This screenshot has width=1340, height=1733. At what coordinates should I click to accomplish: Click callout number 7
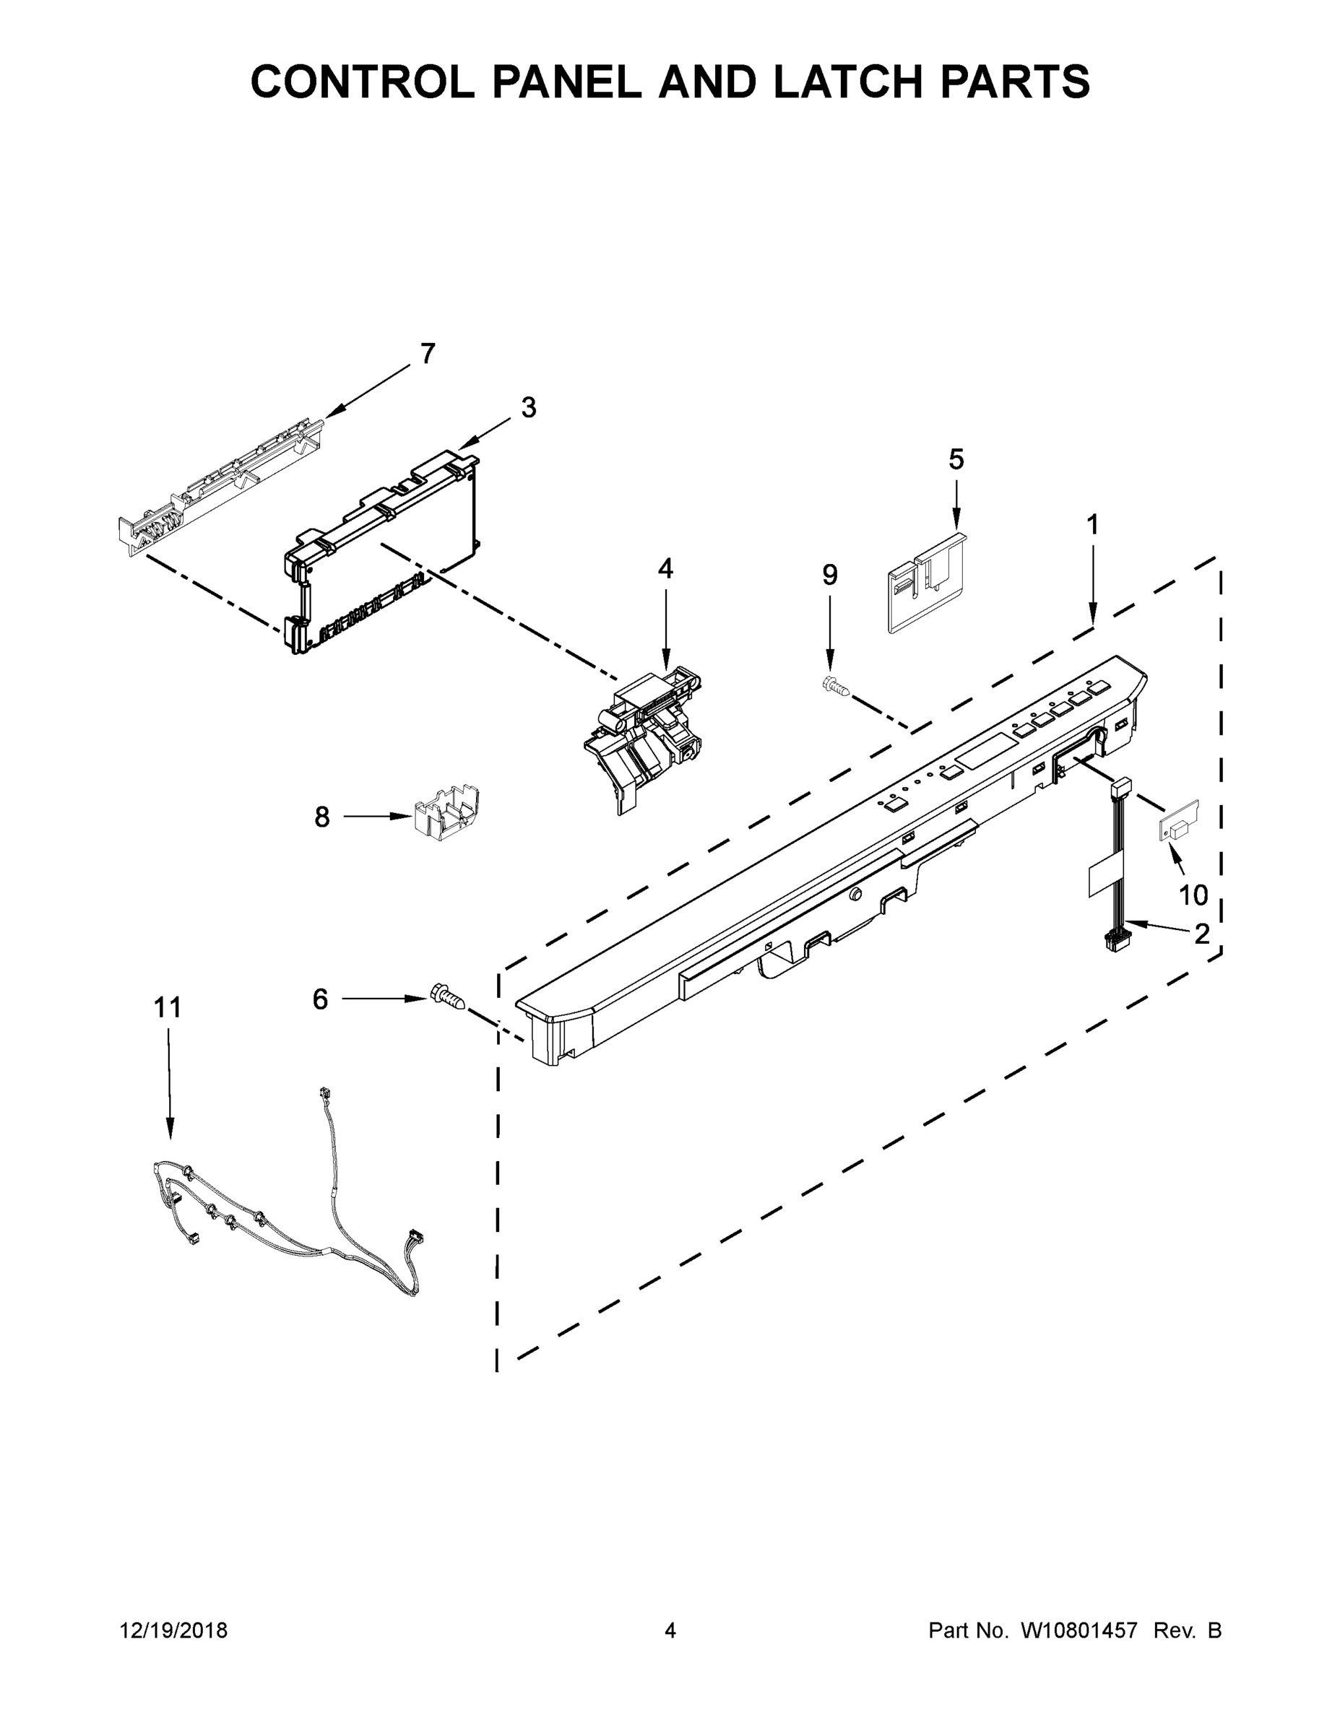pos(428,354)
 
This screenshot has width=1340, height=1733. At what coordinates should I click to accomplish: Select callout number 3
pos(529,408)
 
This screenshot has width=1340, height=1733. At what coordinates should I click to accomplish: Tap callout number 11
pos(168,1008)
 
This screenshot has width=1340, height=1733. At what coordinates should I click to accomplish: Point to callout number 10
pos(1193,895)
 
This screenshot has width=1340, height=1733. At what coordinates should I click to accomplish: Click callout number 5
pos(956,459)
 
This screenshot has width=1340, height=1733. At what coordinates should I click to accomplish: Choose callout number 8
pos(321,817)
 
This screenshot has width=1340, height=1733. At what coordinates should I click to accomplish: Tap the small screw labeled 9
pos(835,685)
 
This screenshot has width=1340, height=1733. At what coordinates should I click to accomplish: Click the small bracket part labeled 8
pos(448,812)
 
